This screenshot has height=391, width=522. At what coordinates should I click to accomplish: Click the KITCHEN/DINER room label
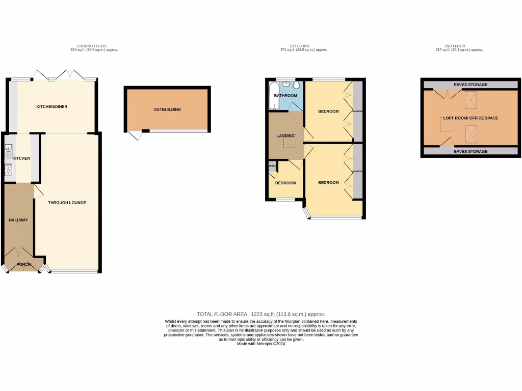click(51, 107)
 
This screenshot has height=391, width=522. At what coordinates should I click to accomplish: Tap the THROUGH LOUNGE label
click(67, 203)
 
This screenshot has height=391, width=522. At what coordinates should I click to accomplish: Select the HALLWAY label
click(18, 220)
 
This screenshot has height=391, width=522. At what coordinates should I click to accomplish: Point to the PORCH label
click(23, 264)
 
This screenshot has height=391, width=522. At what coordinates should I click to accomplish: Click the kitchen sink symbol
click(8, 150)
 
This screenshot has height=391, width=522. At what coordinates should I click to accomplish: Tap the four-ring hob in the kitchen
click(8, 170)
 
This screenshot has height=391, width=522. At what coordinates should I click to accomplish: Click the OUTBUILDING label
click(167, 109)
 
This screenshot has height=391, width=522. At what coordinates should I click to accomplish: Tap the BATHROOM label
click(285, 96)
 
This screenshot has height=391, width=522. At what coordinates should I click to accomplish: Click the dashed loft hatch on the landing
click(290, 142)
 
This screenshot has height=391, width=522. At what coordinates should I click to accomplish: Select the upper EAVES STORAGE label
click(470, 85)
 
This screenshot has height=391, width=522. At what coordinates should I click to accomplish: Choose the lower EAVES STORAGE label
click(470, 152)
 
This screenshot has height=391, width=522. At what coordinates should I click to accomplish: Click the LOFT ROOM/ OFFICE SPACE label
click(471, 118)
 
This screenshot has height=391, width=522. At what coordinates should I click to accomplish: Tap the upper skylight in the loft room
click(471, 97)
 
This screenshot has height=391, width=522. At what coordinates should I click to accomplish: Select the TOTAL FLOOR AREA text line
click(260, 314)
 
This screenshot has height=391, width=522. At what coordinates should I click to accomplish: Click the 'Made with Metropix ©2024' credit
click(260, 344)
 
